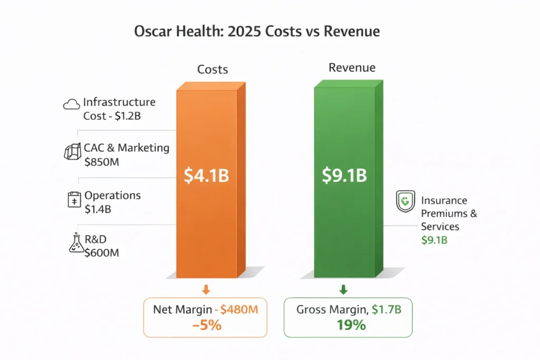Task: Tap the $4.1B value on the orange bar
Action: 206,176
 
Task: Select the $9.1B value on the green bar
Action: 344,176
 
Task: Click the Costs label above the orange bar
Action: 213,69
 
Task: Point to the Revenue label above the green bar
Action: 352,67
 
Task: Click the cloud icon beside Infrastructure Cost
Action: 71,104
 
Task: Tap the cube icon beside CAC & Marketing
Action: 71,152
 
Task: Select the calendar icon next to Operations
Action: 73,200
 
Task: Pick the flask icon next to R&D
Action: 76,244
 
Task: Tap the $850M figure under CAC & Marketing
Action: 101,162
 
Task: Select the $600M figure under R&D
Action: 101,252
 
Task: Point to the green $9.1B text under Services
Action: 434,240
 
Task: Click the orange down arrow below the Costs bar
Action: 206,289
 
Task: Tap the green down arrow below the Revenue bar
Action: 343,289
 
